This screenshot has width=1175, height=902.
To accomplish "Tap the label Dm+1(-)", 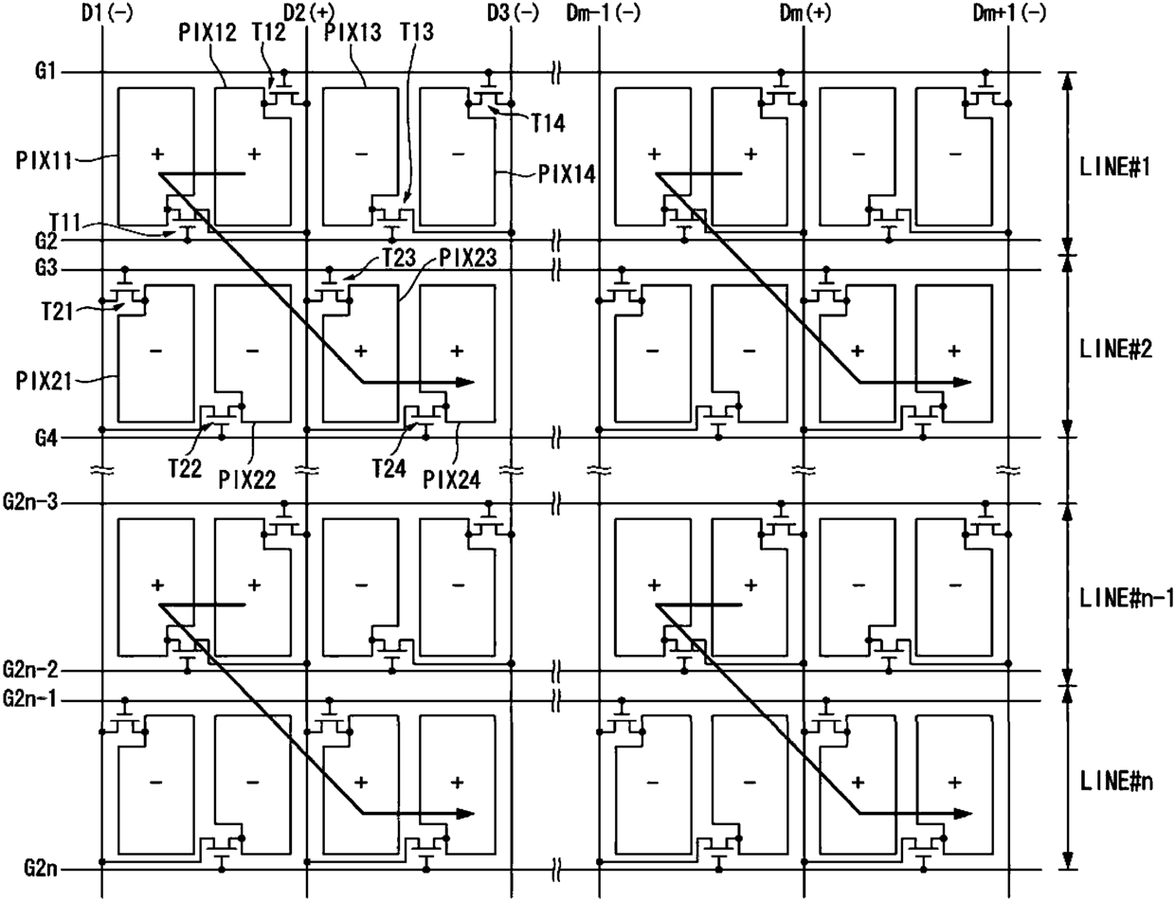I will [x=1009, y=13].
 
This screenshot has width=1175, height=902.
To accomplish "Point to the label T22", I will [x=185, y=468].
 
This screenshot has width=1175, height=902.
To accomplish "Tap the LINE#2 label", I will [x=1114, y=346].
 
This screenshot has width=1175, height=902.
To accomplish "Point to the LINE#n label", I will [x=1115, y=779].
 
